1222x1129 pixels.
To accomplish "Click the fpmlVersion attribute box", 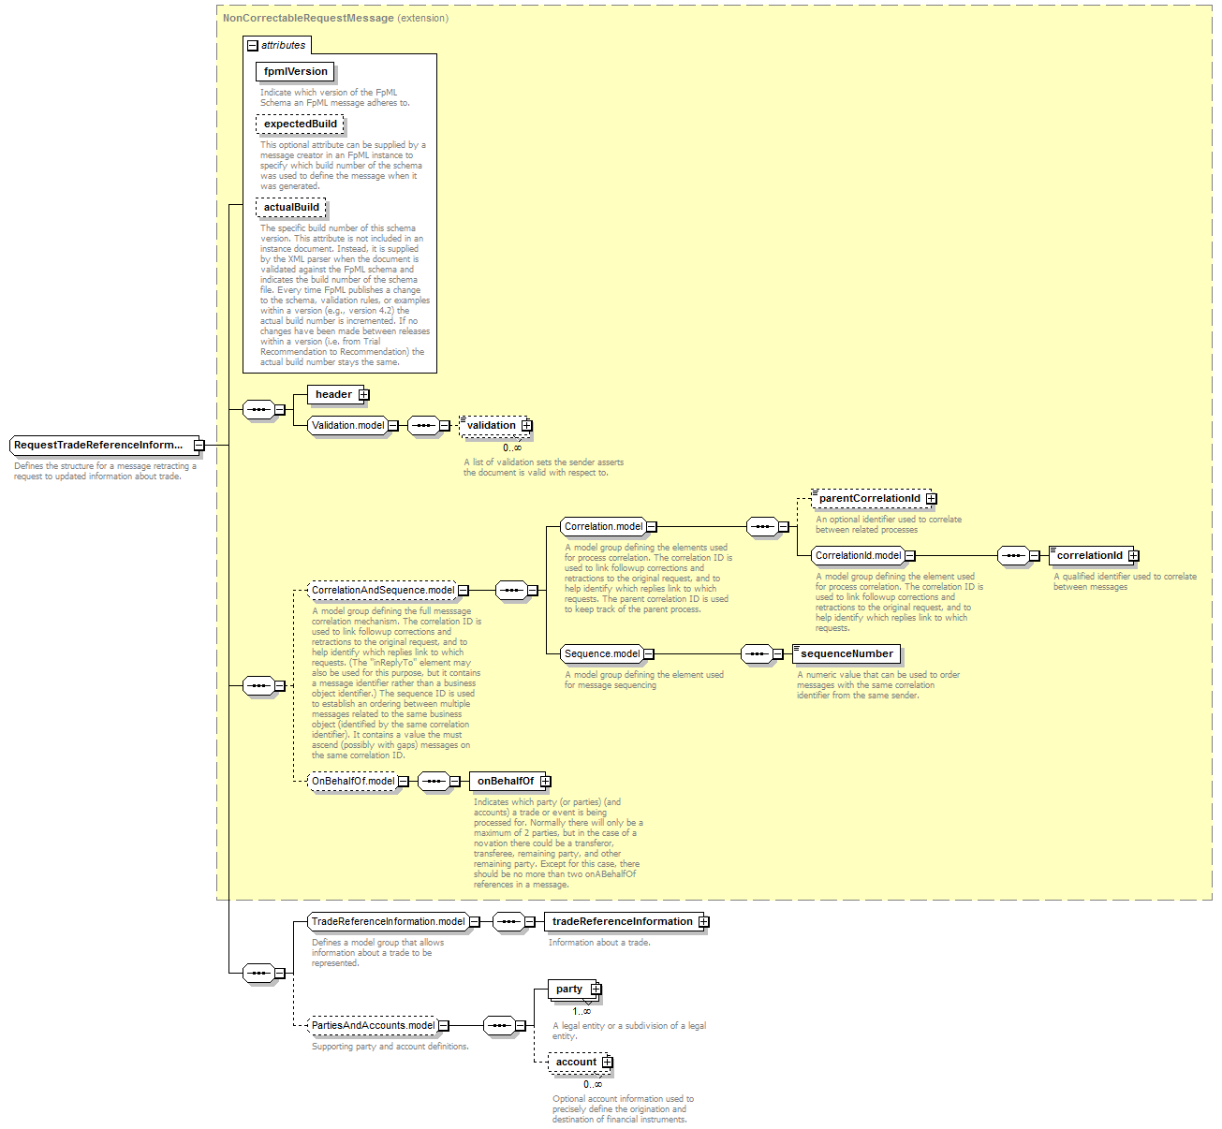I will click(295, 72).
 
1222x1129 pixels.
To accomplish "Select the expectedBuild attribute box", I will click(300, 124).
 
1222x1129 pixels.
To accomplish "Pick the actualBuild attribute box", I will click(291, 207).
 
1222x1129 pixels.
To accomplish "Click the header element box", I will click(333, 395).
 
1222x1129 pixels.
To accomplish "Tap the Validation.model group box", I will click(347, 425).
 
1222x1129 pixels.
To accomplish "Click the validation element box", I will click(492, 426).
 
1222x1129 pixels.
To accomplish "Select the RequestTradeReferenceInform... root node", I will click(98, 446).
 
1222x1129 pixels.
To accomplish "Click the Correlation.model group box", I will click(603, 527).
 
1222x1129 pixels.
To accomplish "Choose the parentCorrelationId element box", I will click(869, 499).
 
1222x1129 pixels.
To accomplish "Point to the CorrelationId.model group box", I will click(858, 556).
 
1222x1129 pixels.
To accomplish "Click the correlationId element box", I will click(1089, 556).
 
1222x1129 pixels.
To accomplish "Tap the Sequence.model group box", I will click(601, 654).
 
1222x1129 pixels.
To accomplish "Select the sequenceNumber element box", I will click(847, 654).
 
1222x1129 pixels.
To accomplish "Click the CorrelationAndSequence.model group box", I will click(383, 591).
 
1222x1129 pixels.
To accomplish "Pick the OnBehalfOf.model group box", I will click(353, 782).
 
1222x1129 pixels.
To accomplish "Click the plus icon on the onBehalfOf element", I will click(546, 782).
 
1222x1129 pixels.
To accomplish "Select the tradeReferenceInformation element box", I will click(622, 922).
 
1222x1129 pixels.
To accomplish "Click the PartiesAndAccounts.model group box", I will click(373, 1026).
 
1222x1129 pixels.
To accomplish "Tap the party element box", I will click(569, 990).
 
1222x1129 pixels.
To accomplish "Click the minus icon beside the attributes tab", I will click(253, 46).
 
